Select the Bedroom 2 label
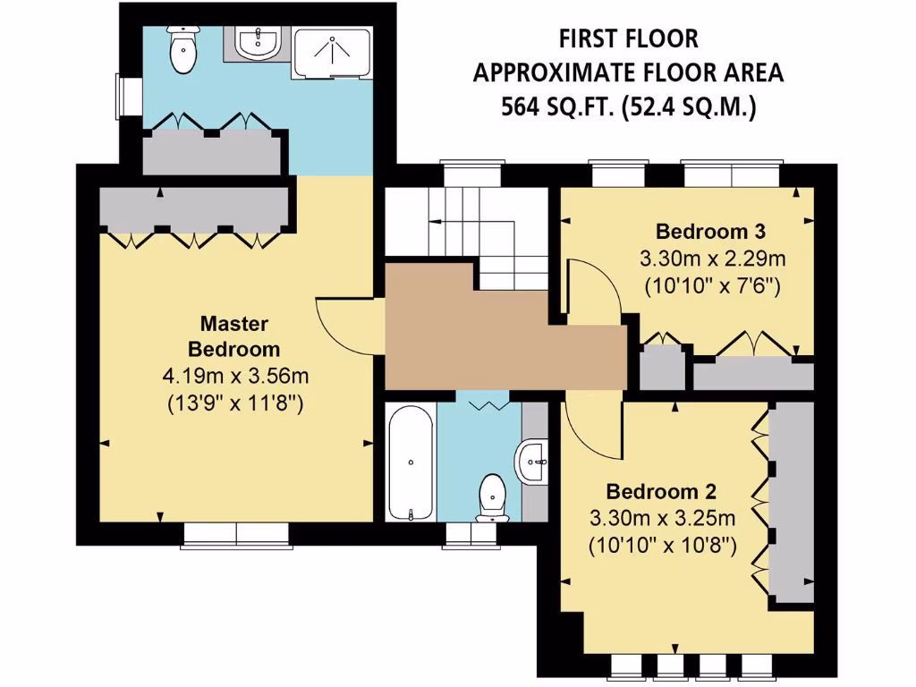click(x=662, y=491)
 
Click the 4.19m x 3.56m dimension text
click(x=239, y=376)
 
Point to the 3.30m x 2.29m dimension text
click(x=712, y=259)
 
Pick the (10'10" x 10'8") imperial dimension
click(x=662, y=545)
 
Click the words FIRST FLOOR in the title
click(x=628, y=38)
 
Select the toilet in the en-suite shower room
click(x=183, y=51)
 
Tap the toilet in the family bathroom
click(x=492, y=497)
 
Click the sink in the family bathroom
click(x=533, y=462)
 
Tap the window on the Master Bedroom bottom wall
click(x=236, y=534)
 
